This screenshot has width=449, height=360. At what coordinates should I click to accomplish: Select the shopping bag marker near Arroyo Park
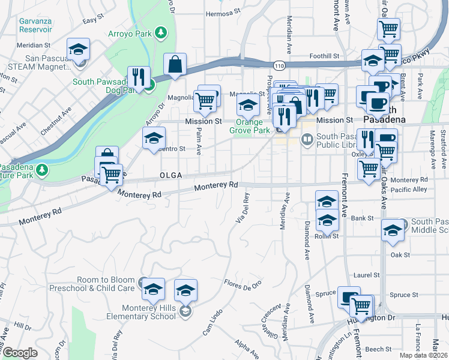click(175, 65)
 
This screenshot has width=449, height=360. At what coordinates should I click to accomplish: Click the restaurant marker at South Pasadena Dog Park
click(139, 78)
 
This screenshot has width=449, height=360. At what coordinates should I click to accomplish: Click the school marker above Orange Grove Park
click(248, 106)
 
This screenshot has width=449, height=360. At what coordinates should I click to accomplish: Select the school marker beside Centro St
click(154, 139)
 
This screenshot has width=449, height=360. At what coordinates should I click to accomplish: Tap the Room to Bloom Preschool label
click(106, 284)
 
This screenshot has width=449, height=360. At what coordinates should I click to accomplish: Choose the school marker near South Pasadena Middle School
click(393, 230)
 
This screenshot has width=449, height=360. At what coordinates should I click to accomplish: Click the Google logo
click(20, 353)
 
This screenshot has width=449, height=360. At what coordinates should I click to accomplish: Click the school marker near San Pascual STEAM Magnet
click(78, 50)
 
